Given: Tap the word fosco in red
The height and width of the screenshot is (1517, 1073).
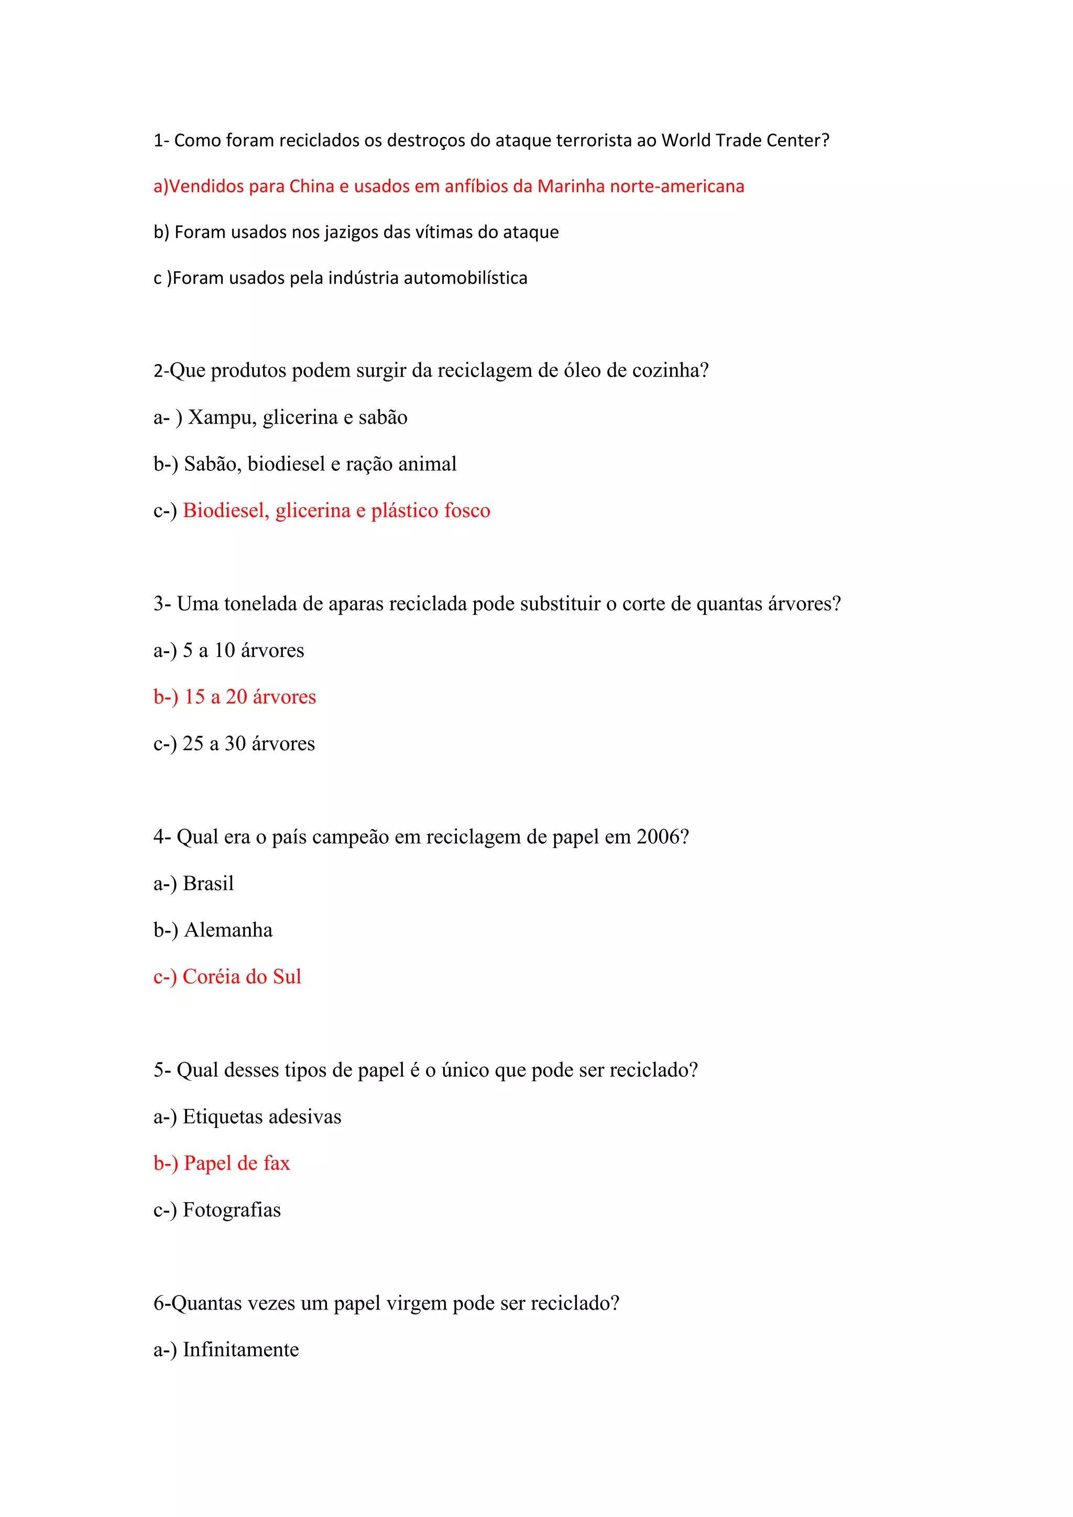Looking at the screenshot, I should point(467,511).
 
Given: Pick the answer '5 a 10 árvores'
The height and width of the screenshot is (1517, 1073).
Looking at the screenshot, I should point(243,651).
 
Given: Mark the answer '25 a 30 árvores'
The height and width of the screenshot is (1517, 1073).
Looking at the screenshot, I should point(248,744).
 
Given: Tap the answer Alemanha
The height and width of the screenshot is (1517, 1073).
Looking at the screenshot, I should point(228,930).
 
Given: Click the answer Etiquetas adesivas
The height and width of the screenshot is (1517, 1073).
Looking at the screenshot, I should point(261,1117).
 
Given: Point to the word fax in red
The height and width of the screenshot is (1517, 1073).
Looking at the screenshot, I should point(276,1163).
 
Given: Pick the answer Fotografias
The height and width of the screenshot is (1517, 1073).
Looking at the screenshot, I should point(231,1210).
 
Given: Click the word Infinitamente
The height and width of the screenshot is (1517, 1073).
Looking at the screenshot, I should point(240,1349).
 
